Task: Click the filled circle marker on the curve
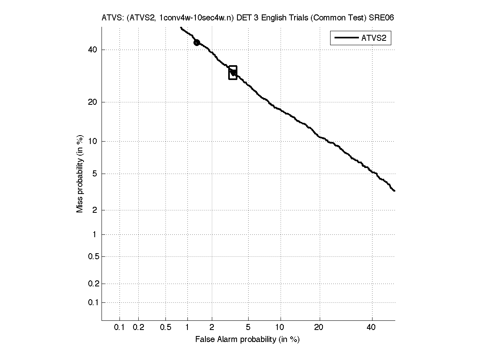pyautogui.click(x=197, y=42)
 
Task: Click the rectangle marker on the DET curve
pyautogui.click(x=233, y=72)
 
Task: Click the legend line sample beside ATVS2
pyautogui.click(x=346, y=38)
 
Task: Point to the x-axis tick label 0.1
pyautogui.click(x=120, y=328)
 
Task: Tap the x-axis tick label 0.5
pyautogui.click(x=165, y=328)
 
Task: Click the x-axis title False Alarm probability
pyautogui.click(x=247, y=340)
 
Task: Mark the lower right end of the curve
pyautogui.click(x=394, y=191)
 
